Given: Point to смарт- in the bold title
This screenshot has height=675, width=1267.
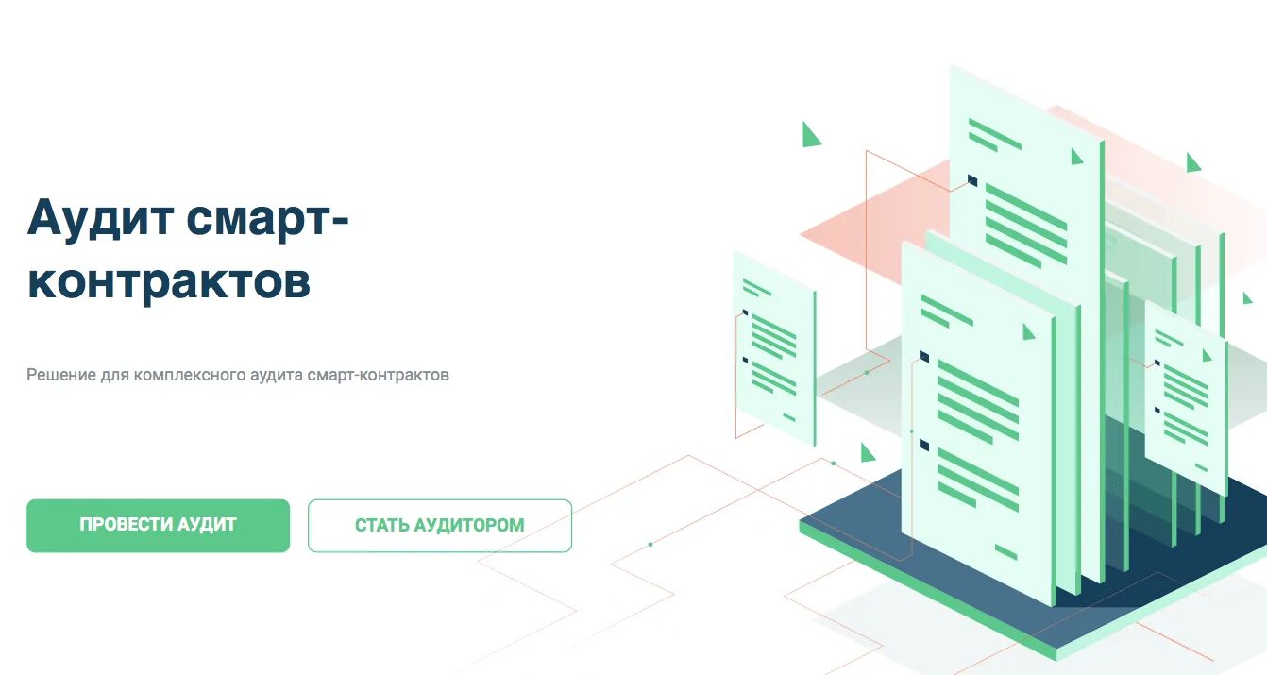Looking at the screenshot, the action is point(268,219).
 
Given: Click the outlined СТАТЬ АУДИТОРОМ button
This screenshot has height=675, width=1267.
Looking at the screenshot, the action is point(439,525).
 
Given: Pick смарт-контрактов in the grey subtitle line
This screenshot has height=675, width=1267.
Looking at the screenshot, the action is point(379,375).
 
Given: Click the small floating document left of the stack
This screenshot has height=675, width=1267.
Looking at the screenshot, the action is point(774,349).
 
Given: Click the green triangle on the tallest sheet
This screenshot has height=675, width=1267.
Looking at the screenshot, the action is point(1077,157).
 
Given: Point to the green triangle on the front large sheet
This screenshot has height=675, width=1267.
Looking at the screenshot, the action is point(1029,331).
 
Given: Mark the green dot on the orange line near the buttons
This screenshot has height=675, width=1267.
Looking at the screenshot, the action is point(650,544).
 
